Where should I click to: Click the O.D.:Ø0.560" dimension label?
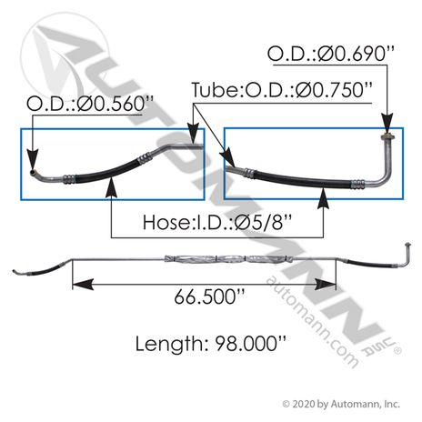[x=90, y=104]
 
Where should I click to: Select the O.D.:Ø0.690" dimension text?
[x=331, y=54]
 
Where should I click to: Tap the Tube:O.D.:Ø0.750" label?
[x=282, y=90]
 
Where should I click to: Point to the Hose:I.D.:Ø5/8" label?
[x=217, y=222]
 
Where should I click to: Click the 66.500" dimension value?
[x=209, y=296]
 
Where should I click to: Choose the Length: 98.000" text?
[x=211, y=344]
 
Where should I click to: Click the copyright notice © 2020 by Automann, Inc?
[x=341, y=404]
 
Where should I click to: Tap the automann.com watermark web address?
[x=312, y=321]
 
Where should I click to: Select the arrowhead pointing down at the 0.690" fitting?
[x=387, y=123]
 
